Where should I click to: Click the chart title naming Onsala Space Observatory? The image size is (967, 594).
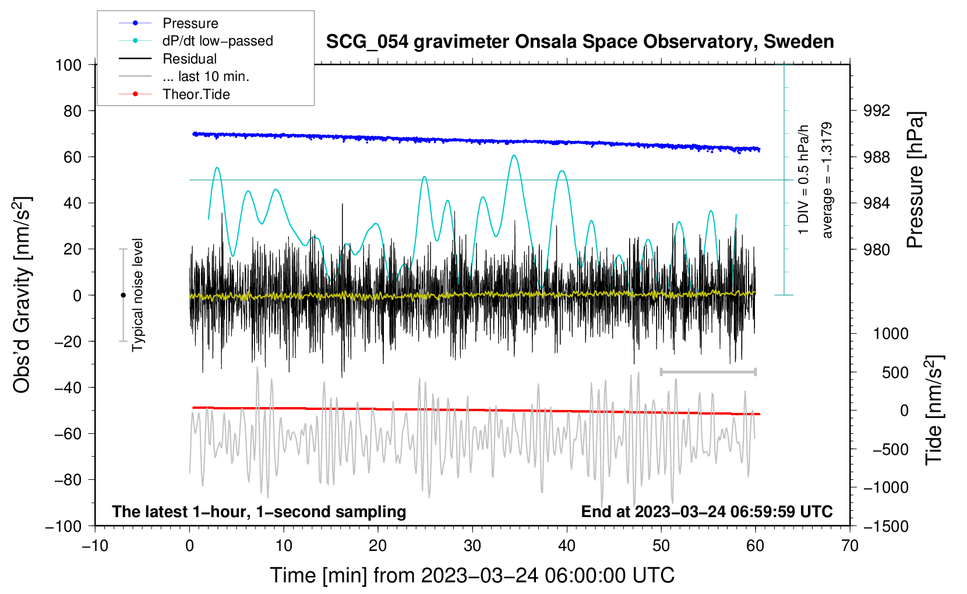point(580,41)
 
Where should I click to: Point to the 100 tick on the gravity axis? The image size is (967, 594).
point(68,65)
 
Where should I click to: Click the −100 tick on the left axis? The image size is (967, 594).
point(63,526)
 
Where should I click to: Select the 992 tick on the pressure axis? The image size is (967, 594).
point(877,111)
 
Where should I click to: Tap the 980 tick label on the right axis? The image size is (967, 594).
point(877,249)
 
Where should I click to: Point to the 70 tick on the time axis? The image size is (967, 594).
point(850,546)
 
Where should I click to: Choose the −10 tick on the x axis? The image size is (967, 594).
point(95,546)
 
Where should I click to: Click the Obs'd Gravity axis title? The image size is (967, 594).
point(22,295)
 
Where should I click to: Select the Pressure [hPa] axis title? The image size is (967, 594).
point(915,180)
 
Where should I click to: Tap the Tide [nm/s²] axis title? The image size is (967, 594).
point(934,410)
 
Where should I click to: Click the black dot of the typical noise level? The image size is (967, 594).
point(123,295)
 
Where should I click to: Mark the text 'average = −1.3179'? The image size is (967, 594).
point(826,180)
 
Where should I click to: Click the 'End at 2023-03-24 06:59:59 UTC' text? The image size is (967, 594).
point(707,511)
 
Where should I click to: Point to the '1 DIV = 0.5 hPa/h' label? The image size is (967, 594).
point(803,180)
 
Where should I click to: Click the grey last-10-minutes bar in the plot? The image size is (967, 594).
point(708,372)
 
